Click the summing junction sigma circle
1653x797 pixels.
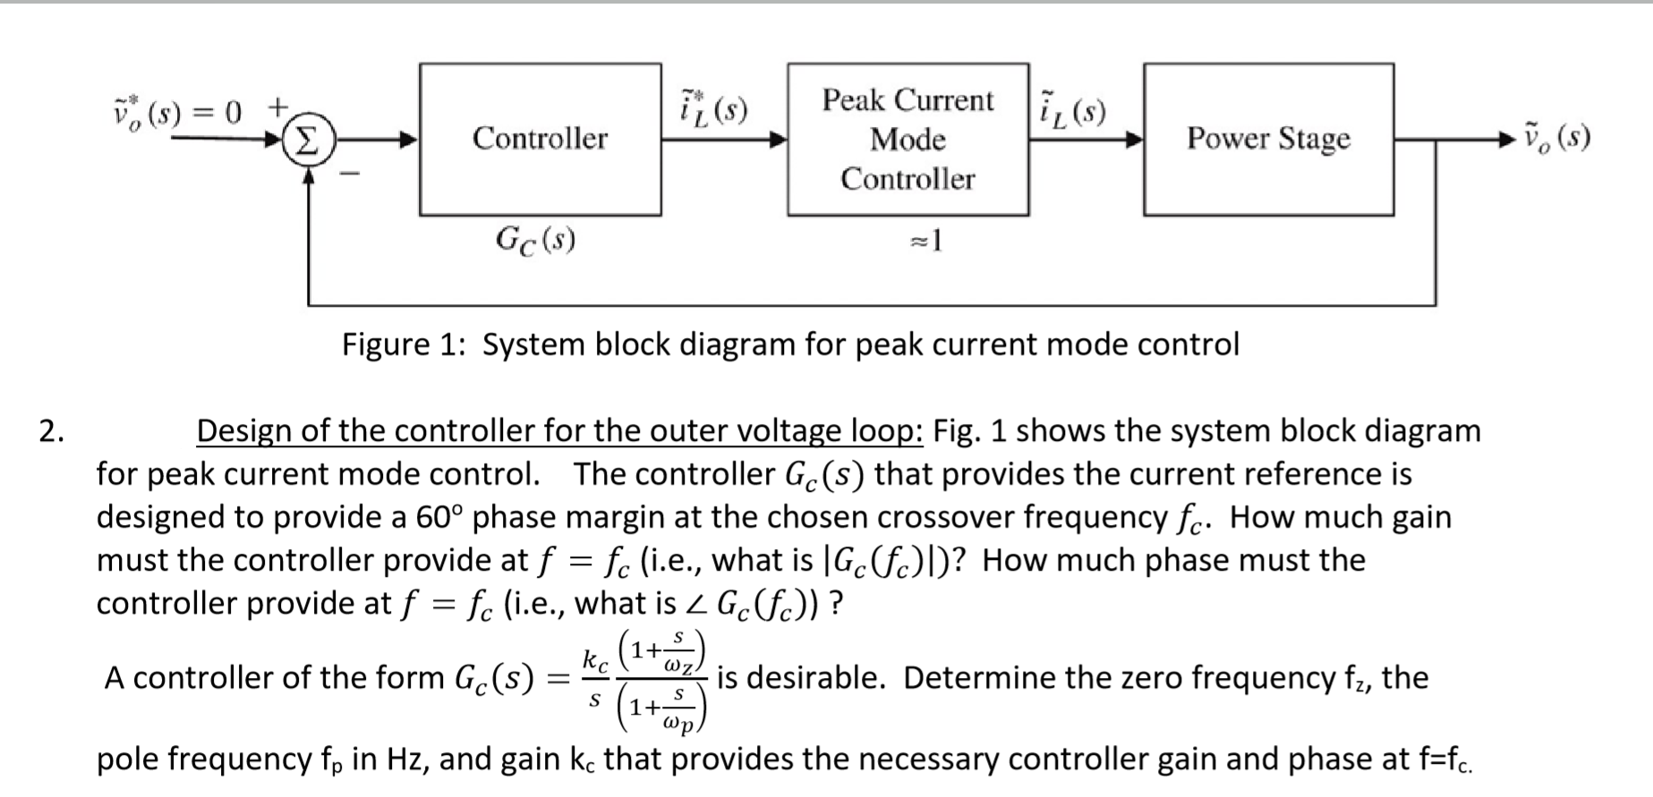click(x=307, y=140)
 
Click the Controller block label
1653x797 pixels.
click(x=540, y=139)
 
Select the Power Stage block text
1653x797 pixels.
click(x=1268, y=139)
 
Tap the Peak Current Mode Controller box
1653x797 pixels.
click(x=907, y=139)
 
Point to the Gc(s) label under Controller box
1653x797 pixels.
click(x=535, y=239)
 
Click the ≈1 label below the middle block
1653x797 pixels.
click(x=925, y=241)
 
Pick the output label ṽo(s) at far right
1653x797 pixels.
click(x=1556, y=138)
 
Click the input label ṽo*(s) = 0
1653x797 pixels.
click(x=177, y=112)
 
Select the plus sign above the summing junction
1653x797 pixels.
click(x=278, y=107)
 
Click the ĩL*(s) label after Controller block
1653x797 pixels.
click(x=713, y=107)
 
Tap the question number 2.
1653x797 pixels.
click(x=51, y=431)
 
